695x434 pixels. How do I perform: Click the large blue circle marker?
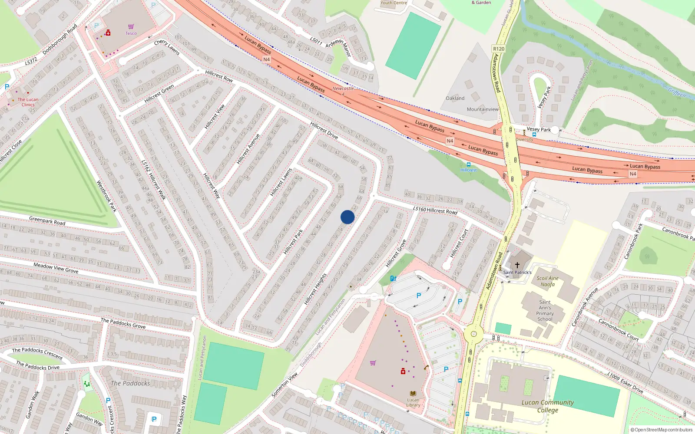(x=347, y=217)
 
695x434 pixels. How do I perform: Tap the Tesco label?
(x=131, y=33)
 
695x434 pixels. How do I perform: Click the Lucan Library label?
(x=413, y=402)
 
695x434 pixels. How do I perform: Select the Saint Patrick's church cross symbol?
(x=517, y=265)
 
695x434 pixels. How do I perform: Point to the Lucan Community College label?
(x=547, y=406)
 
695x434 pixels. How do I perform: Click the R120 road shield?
(x=499, y=49)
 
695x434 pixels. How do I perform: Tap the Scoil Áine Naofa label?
(x=547, y=281)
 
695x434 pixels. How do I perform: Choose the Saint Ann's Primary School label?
(x=545, y=310)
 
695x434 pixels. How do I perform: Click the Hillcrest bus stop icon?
(x=468, y=164)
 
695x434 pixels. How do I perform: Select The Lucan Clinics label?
(x=28, y=102)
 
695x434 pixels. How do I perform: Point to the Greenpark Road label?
(x=47, y=220)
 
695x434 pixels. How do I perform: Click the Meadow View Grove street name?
(x=56, y=267)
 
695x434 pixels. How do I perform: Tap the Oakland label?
(x=455, y=98)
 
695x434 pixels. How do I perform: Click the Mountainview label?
(x=483, y=109)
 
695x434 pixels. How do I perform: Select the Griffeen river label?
(x=677, y=92)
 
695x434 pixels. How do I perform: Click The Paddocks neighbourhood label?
(x=130, y=383)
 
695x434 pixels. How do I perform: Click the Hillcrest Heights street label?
(x=315, y=289)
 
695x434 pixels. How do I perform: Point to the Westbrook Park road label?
(x=106, y=196)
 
